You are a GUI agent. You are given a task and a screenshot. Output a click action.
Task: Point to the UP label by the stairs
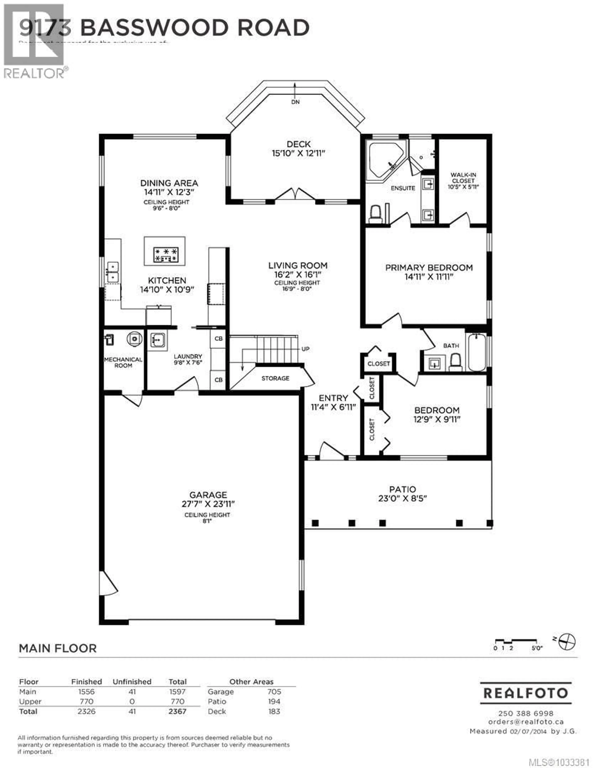click(305, 349)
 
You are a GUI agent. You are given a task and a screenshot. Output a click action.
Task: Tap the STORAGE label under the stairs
click(275, 378)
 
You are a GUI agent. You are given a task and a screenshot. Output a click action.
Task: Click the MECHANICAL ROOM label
click(123, 362)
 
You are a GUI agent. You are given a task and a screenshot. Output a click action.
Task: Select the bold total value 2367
click(177, 711)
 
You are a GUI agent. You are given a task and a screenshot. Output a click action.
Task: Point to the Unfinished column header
click(132, 682)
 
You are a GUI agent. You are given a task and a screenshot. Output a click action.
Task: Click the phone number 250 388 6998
click(526, 713)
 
